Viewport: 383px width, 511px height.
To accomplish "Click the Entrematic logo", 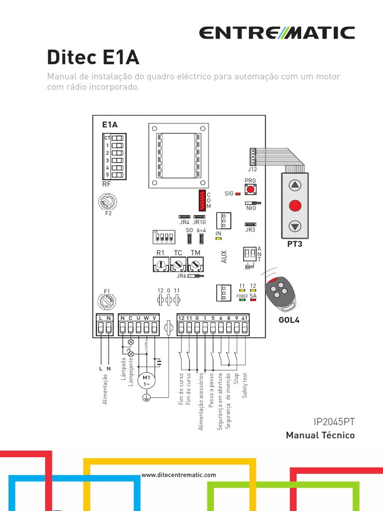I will [x=277, y=33].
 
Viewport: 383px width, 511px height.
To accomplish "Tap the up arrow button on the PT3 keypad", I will [x=295, y=185].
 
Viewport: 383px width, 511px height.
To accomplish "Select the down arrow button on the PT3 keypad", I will [x=295, y=226].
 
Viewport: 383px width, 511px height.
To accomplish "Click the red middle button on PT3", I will [x=295, y=205].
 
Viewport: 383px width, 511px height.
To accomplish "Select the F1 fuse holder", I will [x=106, y=302].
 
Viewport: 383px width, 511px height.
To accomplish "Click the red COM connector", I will [x=201, y=200].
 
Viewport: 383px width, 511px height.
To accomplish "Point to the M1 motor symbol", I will [x=147, y=381].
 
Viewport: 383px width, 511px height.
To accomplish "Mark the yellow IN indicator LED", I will [x=218, y=240].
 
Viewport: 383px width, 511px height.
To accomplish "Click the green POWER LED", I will [x=242, y=299].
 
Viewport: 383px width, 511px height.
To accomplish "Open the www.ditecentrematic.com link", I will [x=179, y=475].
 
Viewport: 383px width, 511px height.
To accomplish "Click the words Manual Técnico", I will [x=320, y=436].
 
